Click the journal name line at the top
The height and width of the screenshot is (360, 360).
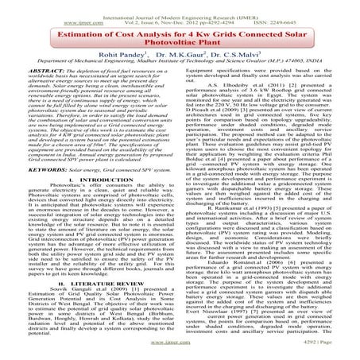coord(180,6)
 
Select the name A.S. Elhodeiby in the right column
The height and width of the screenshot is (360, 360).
coord(228,103)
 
